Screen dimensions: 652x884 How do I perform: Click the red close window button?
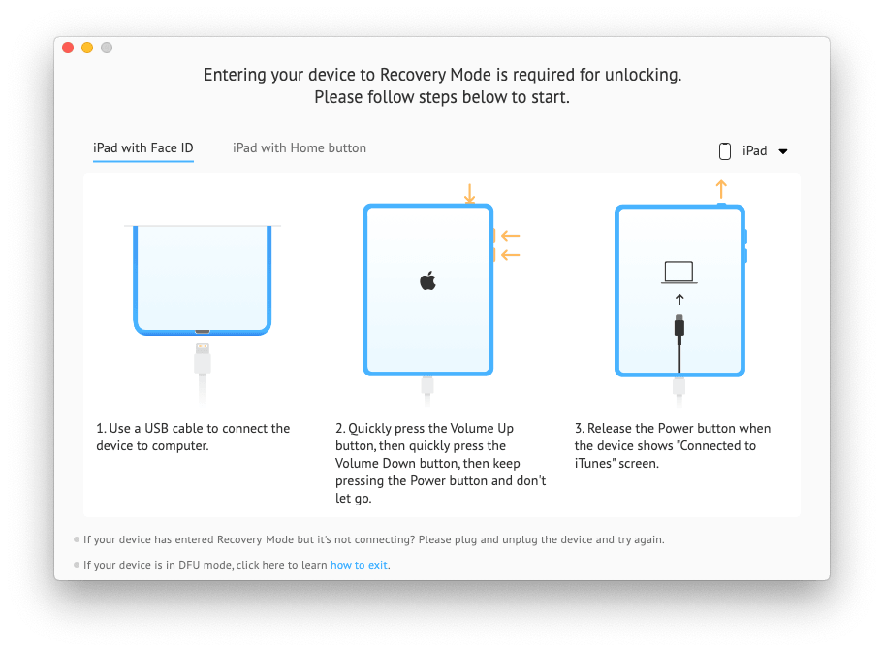68,48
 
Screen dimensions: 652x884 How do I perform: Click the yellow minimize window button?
87,48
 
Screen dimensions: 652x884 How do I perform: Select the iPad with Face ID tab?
143,148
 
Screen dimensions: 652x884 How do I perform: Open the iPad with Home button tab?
300,148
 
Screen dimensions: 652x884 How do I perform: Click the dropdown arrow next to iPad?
783,151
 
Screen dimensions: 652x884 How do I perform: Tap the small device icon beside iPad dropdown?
725,151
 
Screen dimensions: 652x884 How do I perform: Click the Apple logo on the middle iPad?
427,281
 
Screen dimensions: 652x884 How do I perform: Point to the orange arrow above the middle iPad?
469,193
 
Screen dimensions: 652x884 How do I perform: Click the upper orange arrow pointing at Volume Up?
510,236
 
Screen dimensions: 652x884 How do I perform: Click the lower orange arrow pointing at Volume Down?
510,255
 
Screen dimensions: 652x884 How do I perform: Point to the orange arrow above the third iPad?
720,188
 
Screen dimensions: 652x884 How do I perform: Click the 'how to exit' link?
360,565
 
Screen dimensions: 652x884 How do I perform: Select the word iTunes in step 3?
594,464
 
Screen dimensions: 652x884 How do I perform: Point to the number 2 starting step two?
339,429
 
